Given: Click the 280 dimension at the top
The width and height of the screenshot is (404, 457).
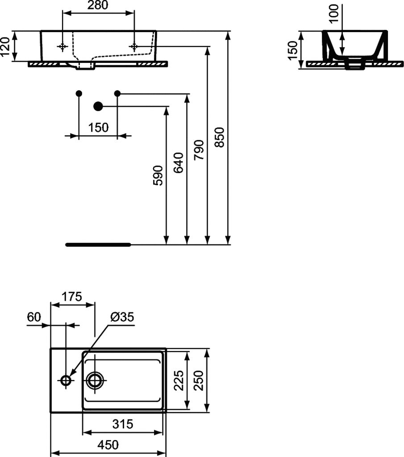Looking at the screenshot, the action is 98,5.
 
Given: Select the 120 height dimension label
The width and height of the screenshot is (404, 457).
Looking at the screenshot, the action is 5,46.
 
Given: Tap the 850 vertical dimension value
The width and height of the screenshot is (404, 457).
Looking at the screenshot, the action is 220,137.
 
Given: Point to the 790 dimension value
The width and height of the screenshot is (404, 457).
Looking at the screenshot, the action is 199,150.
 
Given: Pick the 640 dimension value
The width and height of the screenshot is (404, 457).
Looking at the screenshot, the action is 179,162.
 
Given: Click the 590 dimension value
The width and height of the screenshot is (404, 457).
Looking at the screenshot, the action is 158,175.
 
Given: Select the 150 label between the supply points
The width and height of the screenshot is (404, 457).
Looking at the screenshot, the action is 98,128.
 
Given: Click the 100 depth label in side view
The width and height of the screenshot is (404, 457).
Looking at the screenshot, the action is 334,13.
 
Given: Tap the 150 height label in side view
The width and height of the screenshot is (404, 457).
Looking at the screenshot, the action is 293,50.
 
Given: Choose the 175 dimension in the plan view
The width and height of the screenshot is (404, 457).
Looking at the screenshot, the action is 72,297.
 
